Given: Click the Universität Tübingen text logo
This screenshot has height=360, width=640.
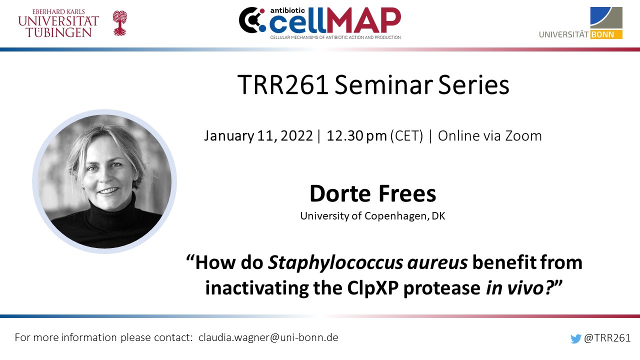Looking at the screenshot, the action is [58, 23].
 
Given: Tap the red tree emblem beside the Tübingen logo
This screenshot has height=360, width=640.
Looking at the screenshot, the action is [119, 23].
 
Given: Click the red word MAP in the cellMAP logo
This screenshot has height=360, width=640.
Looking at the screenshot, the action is [363, 20].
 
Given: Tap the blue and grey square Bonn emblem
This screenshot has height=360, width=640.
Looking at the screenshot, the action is [606, 17].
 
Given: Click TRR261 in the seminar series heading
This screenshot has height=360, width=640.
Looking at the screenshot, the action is [283, 85].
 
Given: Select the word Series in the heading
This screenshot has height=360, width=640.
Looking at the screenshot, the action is [473, 85].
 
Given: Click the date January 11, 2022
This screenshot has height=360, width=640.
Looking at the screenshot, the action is [258, 135].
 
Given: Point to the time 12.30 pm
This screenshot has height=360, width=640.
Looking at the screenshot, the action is [356, 135].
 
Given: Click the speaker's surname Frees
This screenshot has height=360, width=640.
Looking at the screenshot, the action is [407, 193].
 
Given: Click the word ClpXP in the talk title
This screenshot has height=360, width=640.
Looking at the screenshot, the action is [373, 287].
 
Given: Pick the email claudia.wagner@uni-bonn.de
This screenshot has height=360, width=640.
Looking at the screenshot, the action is [268, 337].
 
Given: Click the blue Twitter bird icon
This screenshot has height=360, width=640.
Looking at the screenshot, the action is [575, 338].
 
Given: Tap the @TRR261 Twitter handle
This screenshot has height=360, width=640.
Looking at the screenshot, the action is [607, 337].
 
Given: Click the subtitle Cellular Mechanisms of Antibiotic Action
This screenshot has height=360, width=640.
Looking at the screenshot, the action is [335, 37].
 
